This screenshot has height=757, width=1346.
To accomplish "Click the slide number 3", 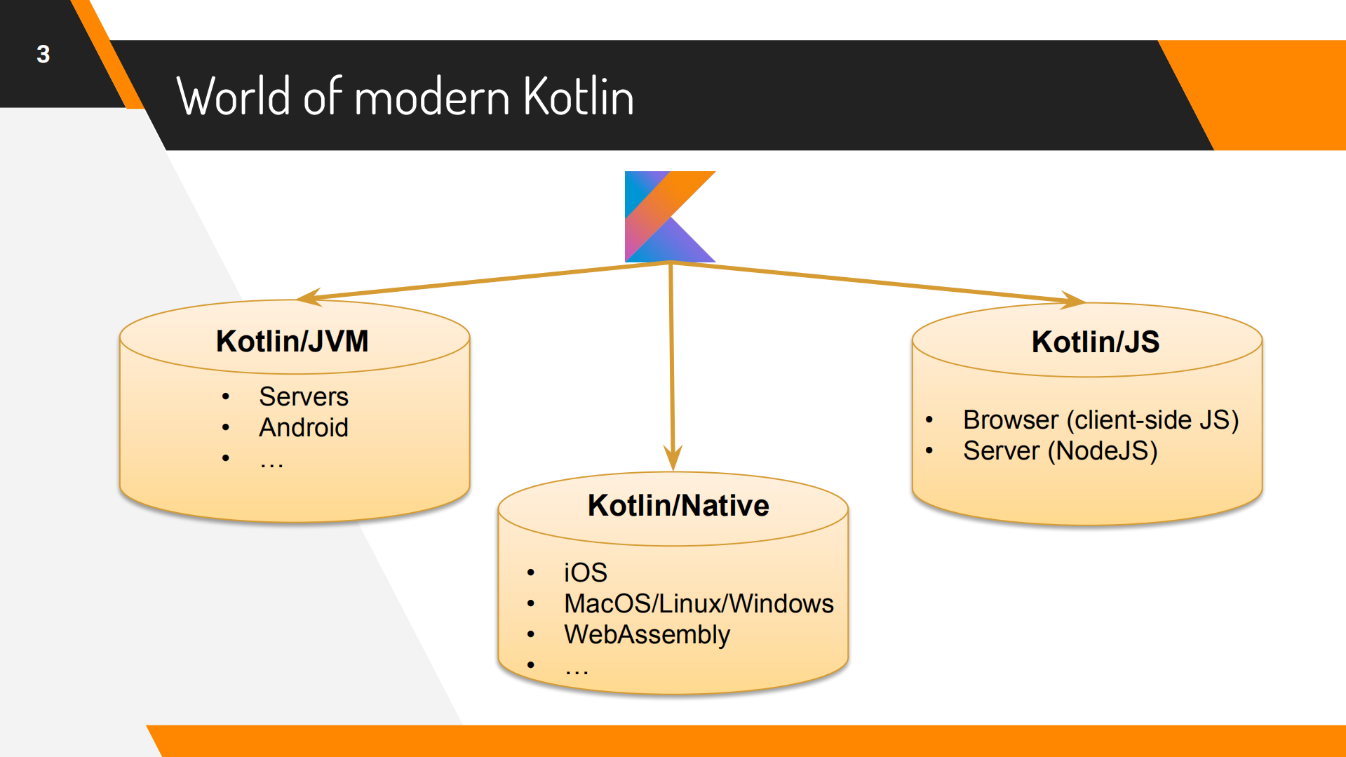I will (43, 54).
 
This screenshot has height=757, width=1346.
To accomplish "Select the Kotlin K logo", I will (669, 216).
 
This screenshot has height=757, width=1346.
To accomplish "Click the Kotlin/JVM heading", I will (292, 342).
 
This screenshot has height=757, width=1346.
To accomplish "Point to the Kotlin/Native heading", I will (678, 505).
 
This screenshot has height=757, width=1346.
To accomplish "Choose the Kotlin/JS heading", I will (1094, 342).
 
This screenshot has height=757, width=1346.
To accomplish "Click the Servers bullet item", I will (303, 397).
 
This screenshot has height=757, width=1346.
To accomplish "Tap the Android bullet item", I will (303, 428).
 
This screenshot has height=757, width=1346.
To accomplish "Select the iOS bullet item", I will (585, 573).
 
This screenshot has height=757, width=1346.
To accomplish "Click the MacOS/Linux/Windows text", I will (698, 604).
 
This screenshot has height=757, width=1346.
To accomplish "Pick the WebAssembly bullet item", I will (647, 635).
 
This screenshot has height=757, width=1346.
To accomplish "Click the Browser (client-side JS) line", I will (1100, 420).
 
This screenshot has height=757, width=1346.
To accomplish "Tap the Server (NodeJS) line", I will (1059, 451).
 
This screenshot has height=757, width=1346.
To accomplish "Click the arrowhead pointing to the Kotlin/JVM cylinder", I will (309, 297).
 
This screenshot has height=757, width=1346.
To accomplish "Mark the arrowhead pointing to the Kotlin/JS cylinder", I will (1073, 300).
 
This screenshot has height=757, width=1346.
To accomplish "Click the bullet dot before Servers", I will (225, 397).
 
